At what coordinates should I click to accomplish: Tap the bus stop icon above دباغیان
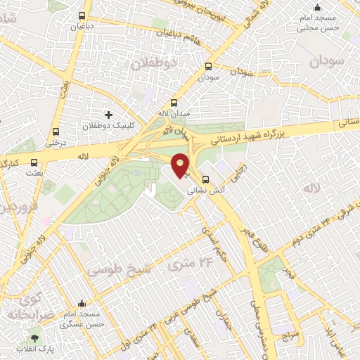point(82,15)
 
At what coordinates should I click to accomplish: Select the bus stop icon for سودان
point(207,66)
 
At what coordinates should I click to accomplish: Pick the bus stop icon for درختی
point(56,131)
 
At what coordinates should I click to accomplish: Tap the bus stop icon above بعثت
point(33,160)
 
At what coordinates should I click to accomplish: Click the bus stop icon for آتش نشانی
point(206,179)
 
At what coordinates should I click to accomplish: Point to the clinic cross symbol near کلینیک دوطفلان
point(108,114)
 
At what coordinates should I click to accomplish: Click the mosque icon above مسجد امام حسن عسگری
point(82,304)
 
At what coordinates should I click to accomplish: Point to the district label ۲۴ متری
point(186,264)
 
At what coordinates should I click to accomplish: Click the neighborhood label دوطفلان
point(155,62)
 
